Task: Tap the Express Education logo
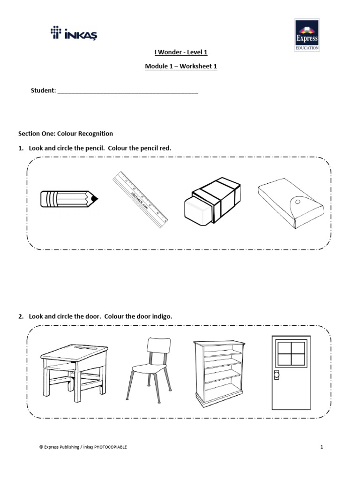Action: (307, 35)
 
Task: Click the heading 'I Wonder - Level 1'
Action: (181, 52)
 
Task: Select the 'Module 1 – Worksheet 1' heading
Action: (181, 67)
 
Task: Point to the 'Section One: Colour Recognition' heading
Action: (65, 134)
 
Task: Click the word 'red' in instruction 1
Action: (165, 148)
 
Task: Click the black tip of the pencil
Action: (95, 199)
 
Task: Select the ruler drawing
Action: (140, 200)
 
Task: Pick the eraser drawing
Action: (212, 200)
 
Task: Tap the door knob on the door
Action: (276, 375)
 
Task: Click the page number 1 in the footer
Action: (322, 447)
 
